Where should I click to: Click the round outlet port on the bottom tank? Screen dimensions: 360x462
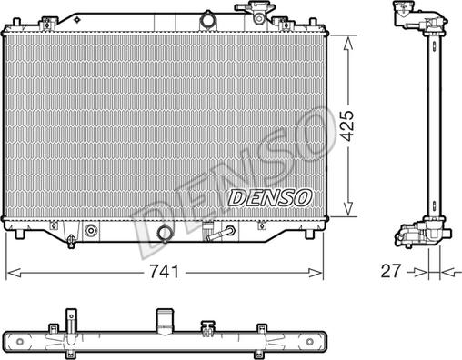[x=166, y=235]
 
